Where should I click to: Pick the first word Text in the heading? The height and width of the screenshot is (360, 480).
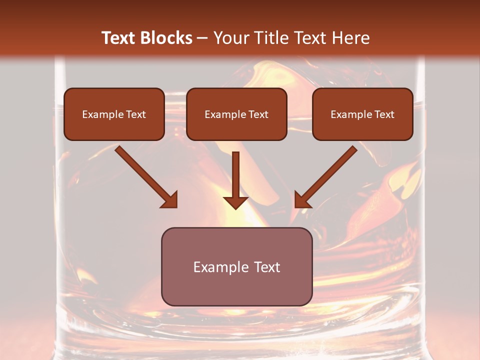[x=120, y=38]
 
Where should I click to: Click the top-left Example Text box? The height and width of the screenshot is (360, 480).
[x=114, y=114]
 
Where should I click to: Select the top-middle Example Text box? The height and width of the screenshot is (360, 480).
[x=236, y=114]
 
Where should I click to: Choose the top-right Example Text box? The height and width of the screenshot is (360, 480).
[x=362, y=114]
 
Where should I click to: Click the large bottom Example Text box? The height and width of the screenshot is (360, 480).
[x=236, y=266]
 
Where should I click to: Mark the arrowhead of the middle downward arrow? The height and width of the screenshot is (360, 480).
[x=235, y=201]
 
